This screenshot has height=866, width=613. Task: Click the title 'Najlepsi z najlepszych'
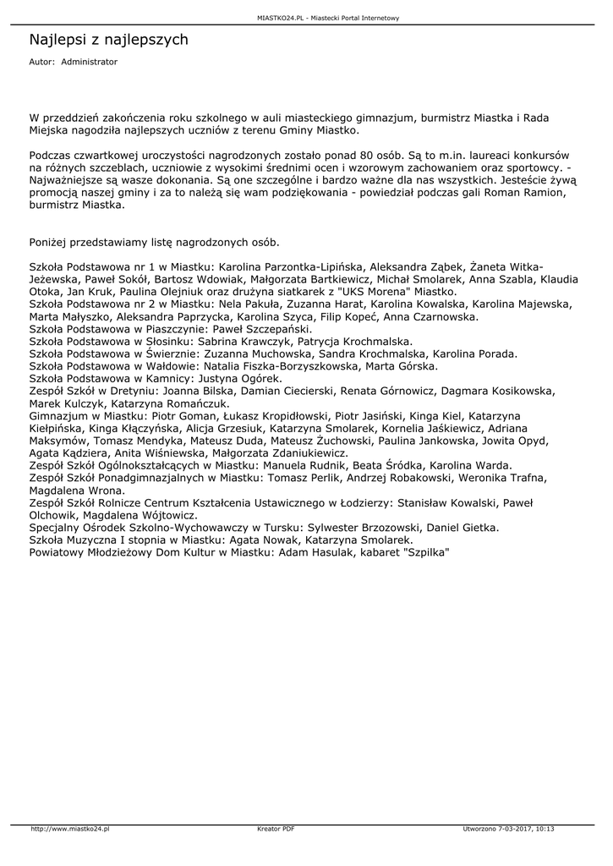click(x=109, y=40)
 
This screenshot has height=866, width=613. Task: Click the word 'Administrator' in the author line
click(x=90, y=63)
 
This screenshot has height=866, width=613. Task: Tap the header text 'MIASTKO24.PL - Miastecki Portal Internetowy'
click(x=328, y=18)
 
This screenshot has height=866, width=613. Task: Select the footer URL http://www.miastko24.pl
click(x=70, y=829)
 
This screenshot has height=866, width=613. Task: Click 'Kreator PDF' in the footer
click(x=276, y=829)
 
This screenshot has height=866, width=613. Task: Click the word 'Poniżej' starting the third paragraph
click(x=50, y=243)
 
